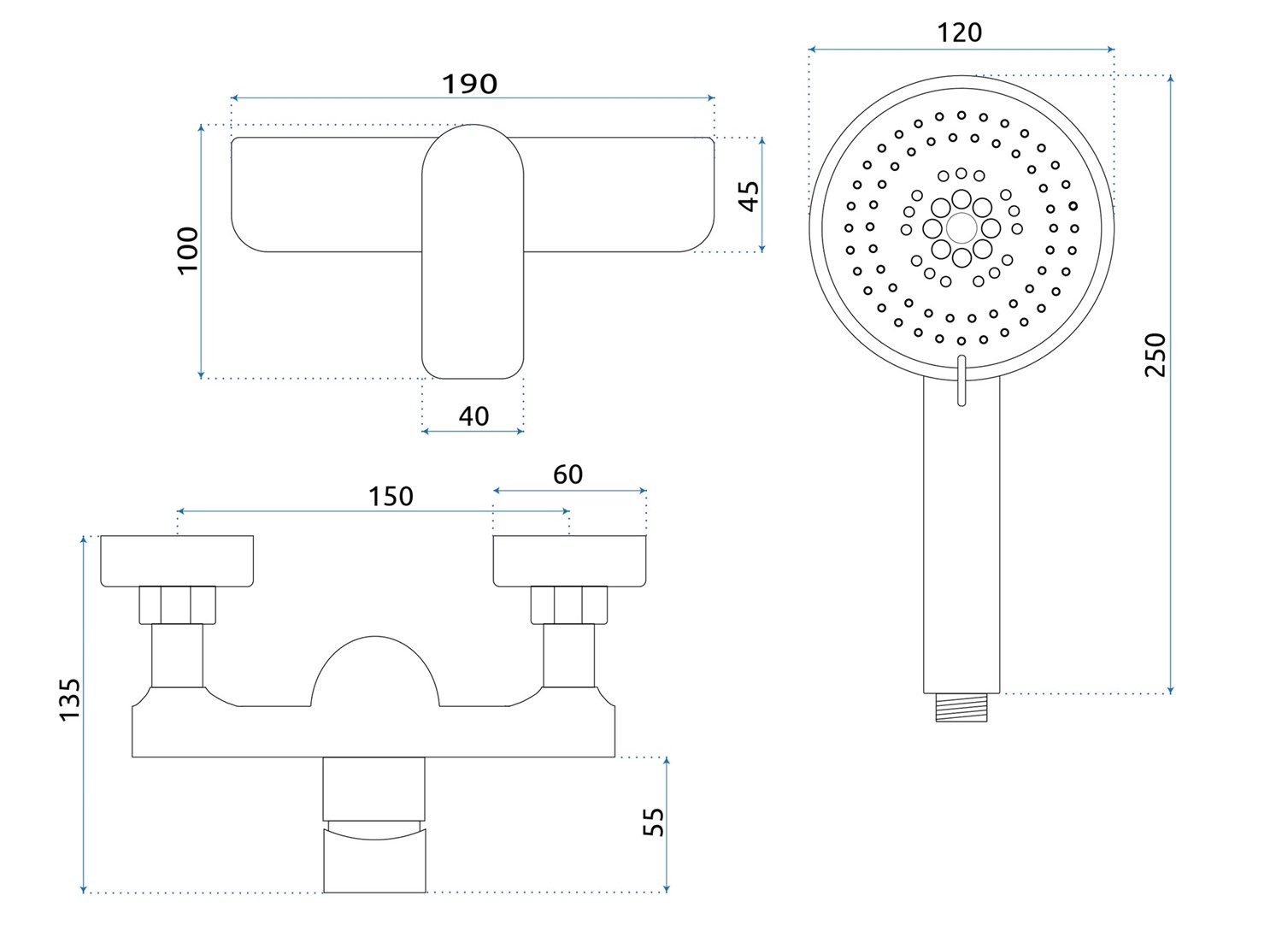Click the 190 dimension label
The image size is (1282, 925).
click(x=469, y=84)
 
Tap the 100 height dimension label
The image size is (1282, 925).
click(x=187, y=250)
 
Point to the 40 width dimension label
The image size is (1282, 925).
click(x=473, y=416)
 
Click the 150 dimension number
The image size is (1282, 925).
click(x=391, y=497)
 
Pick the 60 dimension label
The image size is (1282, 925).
click(x=567, y=474)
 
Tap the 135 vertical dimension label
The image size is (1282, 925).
click(x=69, y=698)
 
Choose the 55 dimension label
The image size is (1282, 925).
click(x=653, y=822)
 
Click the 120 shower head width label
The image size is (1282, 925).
click(x=959, y=32)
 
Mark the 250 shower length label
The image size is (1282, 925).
click(x=1155, y=355)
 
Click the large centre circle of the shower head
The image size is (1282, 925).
click(x=961, y=227)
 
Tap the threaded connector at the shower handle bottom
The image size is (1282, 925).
click(x=961, y=708)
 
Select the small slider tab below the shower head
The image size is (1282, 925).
click(x=961, y=380)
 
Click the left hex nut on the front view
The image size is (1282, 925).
click(x=177, y=604)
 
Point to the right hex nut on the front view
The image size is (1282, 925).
click(x=569, y=604)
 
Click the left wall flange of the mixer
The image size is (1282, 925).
click(x=177, y=562)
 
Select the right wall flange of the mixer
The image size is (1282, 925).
click(x=569, y=562)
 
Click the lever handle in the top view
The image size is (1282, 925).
click(x=473, y=252)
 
